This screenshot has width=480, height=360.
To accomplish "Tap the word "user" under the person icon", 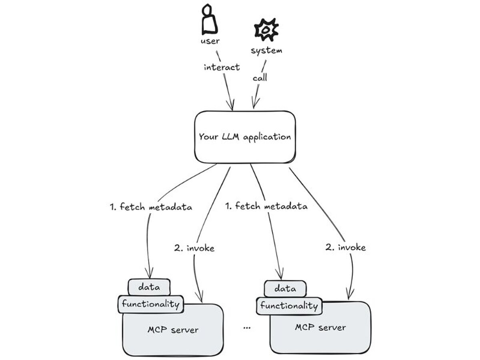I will (210, 41).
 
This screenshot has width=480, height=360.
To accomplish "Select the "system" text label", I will (266, 51).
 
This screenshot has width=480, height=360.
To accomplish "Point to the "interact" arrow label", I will (222, 67).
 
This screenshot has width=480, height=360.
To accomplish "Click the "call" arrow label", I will (260, 78).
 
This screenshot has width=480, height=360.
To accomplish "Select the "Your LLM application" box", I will (245, 137).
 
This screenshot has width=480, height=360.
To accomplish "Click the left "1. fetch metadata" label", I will (151, 207).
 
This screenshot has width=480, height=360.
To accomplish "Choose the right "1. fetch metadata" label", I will (267, 206).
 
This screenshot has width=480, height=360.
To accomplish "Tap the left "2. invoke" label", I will (194, 248).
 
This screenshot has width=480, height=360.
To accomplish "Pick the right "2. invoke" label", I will (346, 248).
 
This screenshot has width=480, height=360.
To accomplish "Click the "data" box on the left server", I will (149, 287).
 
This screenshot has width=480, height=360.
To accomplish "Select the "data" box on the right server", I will (286, 289).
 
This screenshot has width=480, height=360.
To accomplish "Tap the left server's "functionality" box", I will (150, 304).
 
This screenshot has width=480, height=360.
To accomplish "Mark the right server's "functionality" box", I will (289, 306).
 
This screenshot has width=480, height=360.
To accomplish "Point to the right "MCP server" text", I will (320, 328).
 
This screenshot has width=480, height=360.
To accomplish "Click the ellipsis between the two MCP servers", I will (247, 328).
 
